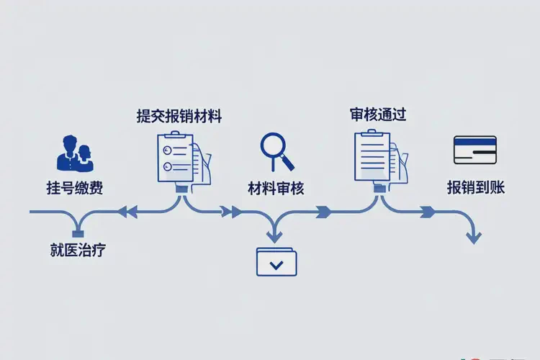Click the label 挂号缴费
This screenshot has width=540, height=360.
point(74,189)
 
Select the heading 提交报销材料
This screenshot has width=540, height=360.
point(179,116)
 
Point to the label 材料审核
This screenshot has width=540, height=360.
point(276,189)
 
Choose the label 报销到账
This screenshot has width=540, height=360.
point(475,188)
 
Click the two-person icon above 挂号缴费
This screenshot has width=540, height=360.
point(73,153)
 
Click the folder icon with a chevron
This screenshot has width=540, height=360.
point(276,262)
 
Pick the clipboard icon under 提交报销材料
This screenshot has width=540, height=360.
point(181,157)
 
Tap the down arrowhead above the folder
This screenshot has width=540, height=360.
point(274,235)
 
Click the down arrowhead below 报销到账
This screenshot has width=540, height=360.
point(474,237)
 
